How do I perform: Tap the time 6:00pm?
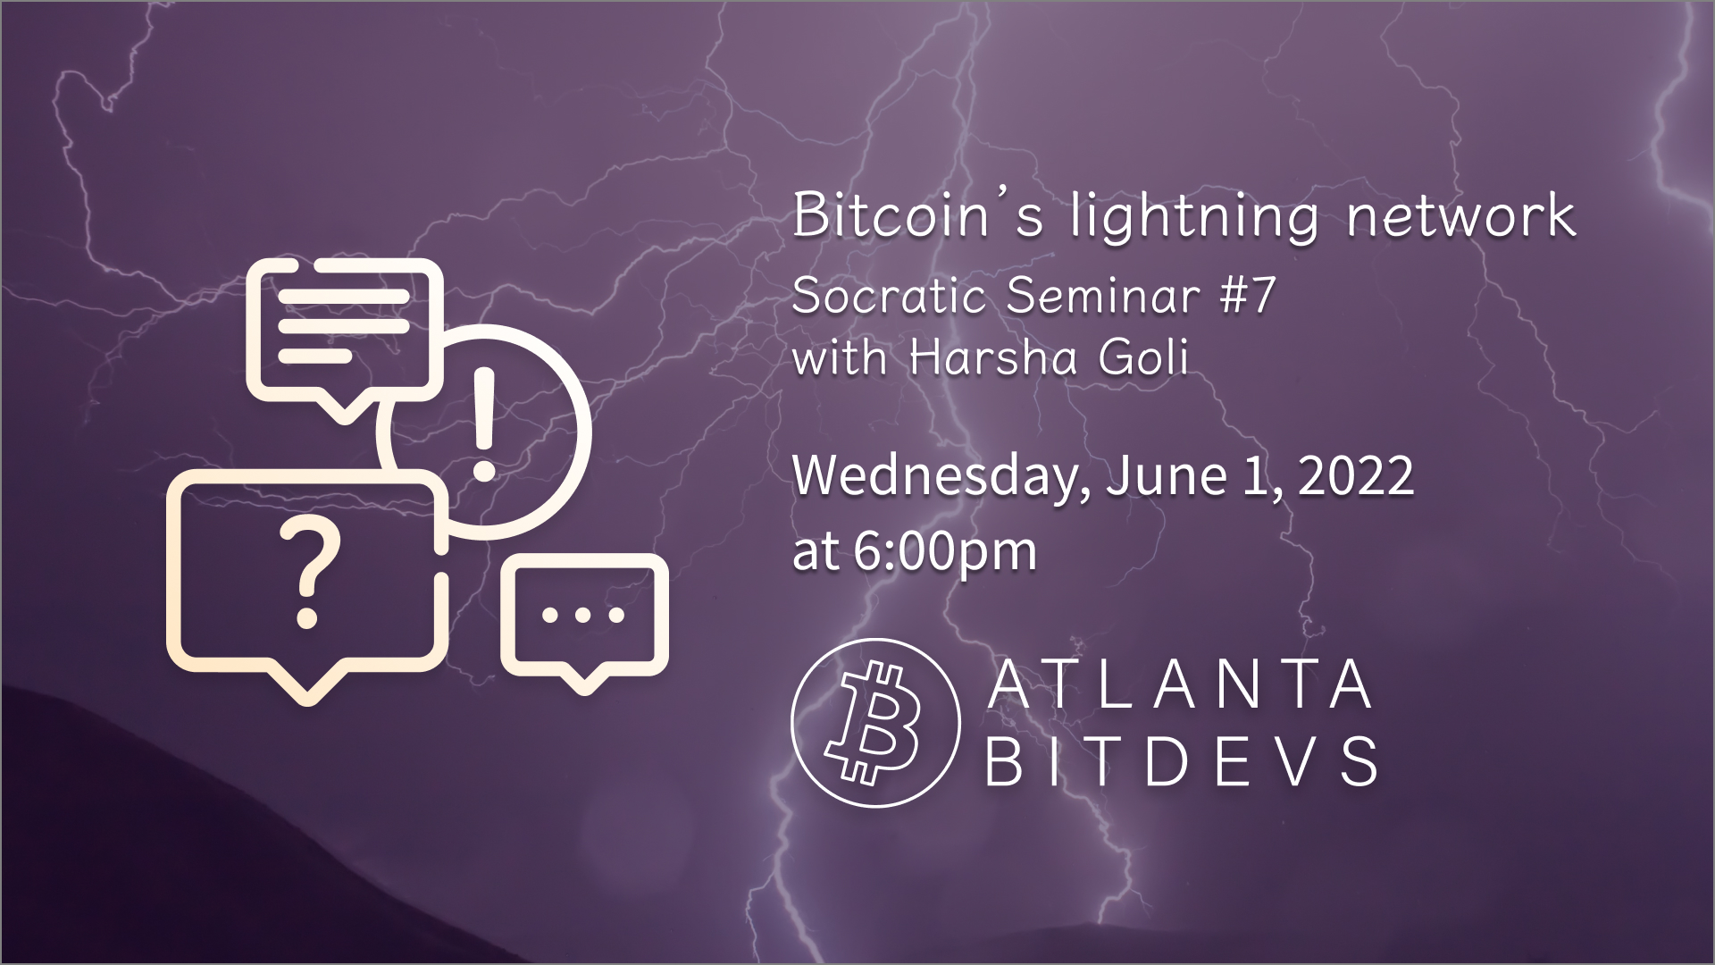coord(945,550)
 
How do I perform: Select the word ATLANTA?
coord(1181,686)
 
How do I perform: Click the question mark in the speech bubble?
coord(307,573)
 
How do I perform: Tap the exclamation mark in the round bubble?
coord(483,424)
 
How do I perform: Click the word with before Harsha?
coord(839,358)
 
